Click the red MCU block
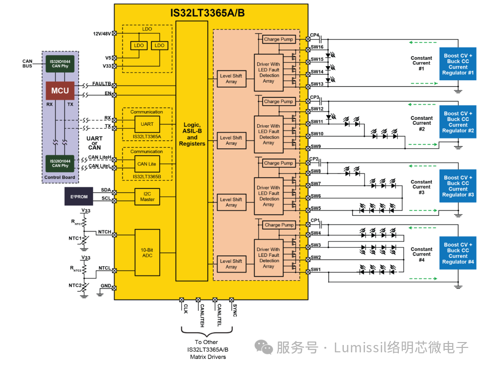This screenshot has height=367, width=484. pyautogui.click(x=60, y=91)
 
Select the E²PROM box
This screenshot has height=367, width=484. pyautogui.click(x=79, y=196)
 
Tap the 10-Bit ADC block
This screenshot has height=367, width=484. pyautogui.click(x=147, y=252)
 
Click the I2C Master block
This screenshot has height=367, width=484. pyautogui.click(x=147, y=196)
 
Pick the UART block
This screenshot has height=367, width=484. pyautogui.click(x=147, y=124)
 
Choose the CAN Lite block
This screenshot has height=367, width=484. pyautogui.click(x=147, y=164)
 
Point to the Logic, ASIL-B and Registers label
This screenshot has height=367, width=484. pyautogui.click(x=192, y=134)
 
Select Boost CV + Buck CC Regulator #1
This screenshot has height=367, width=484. pyautogui.click(x=458, y=65)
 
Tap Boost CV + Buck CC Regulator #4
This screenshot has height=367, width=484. pyautogui.click(x=458, y=253)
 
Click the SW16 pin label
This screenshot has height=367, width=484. pyautogui.click(x=317, y=47)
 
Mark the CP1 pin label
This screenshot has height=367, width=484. pyautogui.click(x=315, y=221)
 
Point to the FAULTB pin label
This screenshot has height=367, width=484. pyautogui.click(x=101, y=84)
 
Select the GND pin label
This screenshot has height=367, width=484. pyautogui.click(x=106, y=285)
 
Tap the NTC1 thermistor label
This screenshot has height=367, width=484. pyautogui.click(x=75, y=238)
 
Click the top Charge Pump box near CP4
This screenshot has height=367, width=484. pyautogui.click(x=278, y=39)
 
